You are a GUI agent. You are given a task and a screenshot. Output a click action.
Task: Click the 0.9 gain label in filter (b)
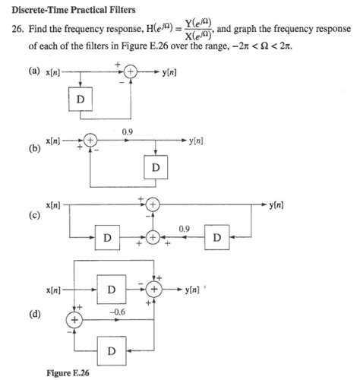pyautogui.click(x=127, y=132)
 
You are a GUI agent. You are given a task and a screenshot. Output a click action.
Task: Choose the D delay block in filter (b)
pyautogui.click(x=155, y=166)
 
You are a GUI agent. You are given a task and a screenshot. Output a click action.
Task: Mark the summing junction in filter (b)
pyautogui.click(x=90, y=141)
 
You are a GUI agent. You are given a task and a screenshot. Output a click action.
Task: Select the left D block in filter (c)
pyautogui.click(x=107, y=238)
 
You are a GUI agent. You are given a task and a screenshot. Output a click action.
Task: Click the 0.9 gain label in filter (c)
pyautogui.click(x=184, y=228)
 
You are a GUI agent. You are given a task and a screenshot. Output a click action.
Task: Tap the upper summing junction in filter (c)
pyautogui.click(x=153, y=205)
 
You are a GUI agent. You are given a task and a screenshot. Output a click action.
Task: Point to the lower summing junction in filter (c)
pyautogui.click(x=153, y=238)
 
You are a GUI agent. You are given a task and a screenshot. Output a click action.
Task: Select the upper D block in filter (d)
pyautogui.click(x=111, y=290)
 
